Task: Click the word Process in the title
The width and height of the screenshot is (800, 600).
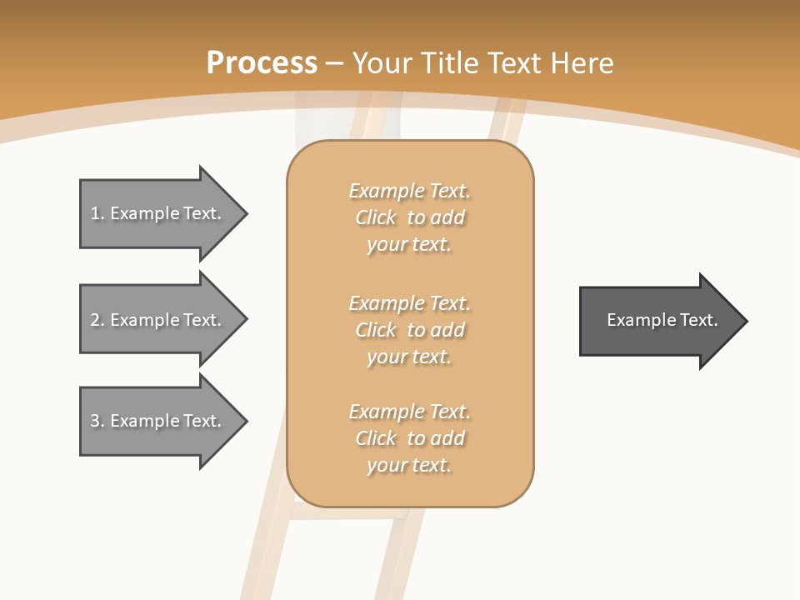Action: tap(262, 63)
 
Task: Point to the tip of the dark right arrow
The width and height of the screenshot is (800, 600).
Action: tap(746, 321)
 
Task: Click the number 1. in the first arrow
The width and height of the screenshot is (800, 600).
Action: tap(97, 213)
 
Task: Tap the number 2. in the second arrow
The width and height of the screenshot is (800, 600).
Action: tap(97, 320)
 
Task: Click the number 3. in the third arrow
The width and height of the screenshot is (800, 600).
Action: tap(97, 421)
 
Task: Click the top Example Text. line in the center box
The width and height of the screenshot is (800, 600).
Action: tap(409, 191)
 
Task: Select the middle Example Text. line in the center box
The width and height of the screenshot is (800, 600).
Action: tap(409, 302)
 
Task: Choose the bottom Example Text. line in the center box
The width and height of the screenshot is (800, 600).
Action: tap(409, 412)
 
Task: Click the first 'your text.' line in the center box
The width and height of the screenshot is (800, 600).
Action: tap(409, 245)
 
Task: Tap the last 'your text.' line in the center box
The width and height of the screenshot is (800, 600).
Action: tap(409, 465)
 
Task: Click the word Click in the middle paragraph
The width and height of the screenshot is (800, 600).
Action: tap(376, 330)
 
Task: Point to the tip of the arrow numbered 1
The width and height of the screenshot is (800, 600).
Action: tap(246, 213)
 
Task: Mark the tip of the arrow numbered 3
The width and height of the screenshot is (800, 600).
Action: tap(246, 421)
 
